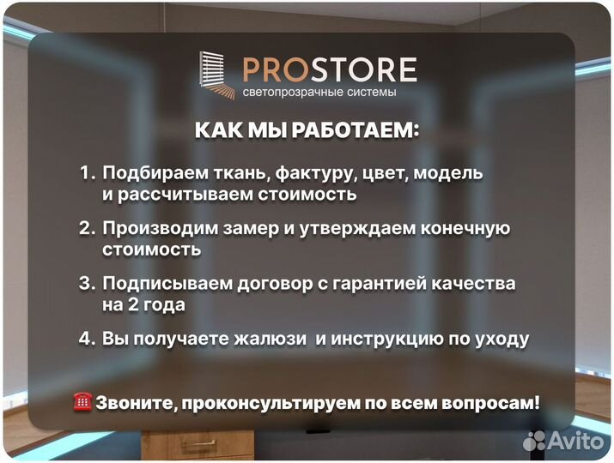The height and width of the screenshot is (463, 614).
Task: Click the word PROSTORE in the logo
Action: [x=329, y=69]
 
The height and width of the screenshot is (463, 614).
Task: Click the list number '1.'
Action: [x=88, y=173]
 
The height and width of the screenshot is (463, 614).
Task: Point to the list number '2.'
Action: [x=88, y=229]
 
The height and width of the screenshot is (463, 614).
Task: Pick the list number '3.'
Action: [x=88, y=283]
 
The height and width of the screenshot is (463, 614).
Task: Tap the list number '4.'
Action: [x=88, y=339]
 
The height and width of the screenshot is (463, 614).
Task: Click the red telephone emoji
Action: [x=83, y=401]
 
